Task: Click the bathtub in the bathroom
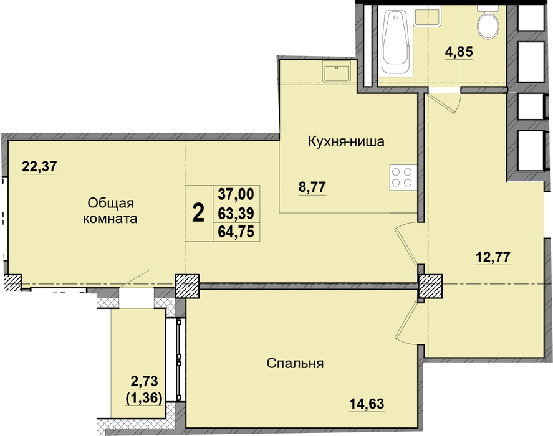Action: [395, 41]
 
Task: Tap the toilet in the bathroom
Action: [488, 22]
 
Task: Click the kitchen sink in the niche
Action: [336, 72]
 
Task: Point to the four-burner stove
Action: [402, 178]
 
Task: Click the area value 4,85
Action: [458, 52]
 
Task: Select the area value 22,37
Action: [39, 166]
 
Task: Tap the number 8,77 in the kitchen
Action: [312, 187]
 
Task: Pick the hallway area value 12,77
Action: [493, 257]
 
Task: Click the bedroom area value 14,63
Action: [367, 404]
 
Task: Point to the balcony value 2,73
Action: [144, 381]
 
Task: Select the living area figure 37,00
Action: [236, 194]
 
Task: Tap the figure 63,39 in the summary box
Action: [236, 213]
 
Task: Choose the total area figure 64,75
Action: [236, 232]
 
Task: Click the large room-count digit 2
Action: [198, 213]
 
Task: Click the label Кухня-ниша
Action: [347, 141]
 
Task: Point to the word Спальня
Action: [295, 363]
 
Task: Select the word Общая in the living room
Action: [111, 204]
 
